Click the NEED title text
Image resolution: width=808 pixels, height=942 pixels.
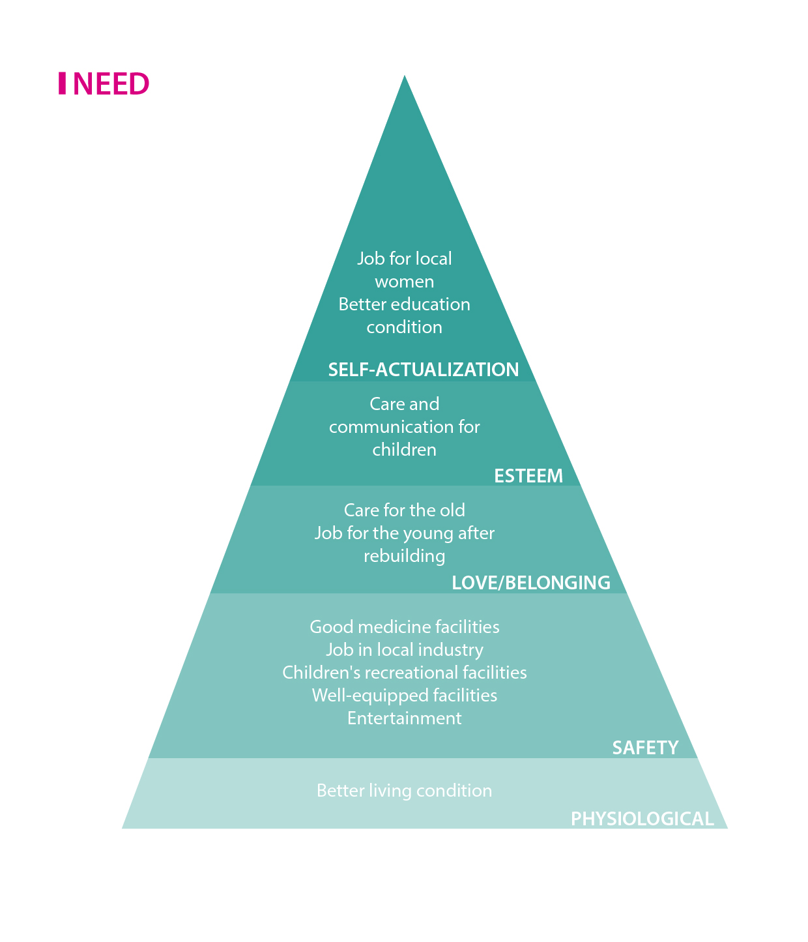pos(111,84)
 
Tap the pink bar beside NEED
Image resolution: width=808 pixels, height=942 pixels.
pos(62,83)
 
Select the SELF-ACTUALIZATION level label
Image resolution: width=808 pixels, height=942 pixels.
pos(424,370)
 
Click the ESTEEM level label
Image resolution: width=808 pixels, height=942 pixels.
pos(528,476)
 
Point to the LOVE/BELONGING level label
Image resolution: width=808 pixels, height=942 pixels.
pos(531,582)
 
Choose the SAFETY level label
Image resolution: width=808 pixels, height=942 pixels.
pos(645,747)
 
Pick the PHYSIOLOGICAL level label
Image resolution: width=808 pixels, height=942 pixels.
pos(642,819)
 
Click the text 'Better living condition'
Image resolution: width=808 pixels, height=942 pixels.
pos(404,791)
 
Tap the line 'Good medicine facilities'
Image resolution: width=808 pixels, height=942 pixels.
pos(404,627)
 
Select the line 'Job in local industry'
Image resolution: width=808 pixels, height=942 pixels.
pos(404,650)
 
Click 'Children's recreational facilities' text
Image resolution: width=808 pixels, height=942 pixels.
pos(404,673)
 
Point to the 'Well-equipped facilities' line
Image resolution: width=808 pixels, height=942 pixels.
pos(404,696)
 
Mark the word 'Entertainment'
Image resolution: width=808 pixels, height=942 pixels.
pos(404,718)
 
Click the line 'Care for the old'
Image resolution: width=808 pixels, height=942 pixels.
pos(404,510)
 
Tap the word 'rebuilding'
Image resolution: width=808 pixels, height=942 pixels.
pos(404,556)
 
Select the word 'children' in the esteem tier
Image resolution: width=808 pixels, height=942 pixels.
pos(404,450)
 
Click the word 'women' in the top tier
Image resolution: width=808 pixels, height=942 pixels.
pos(404,282)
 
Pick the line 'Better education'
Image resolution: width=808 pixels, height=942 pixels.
pos(404,304)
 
